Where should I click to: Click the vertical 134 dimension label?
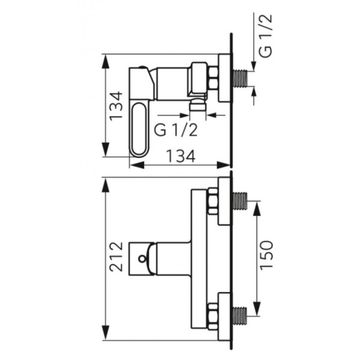116,106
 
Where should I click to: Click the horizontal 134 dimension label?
181,156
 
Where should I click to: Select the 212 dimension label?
116,256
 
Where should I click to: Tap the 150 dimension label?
267,254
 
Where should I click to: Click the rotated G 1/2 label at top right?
266,35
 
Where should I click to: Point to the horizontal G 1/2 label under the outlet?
176,130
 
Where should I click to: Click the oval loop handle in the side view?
139,130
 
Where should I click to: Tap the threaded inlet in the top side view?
240,79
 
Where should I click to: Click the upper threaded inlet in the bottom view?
240,201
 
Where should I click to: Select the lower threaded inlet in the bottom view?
240,316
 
